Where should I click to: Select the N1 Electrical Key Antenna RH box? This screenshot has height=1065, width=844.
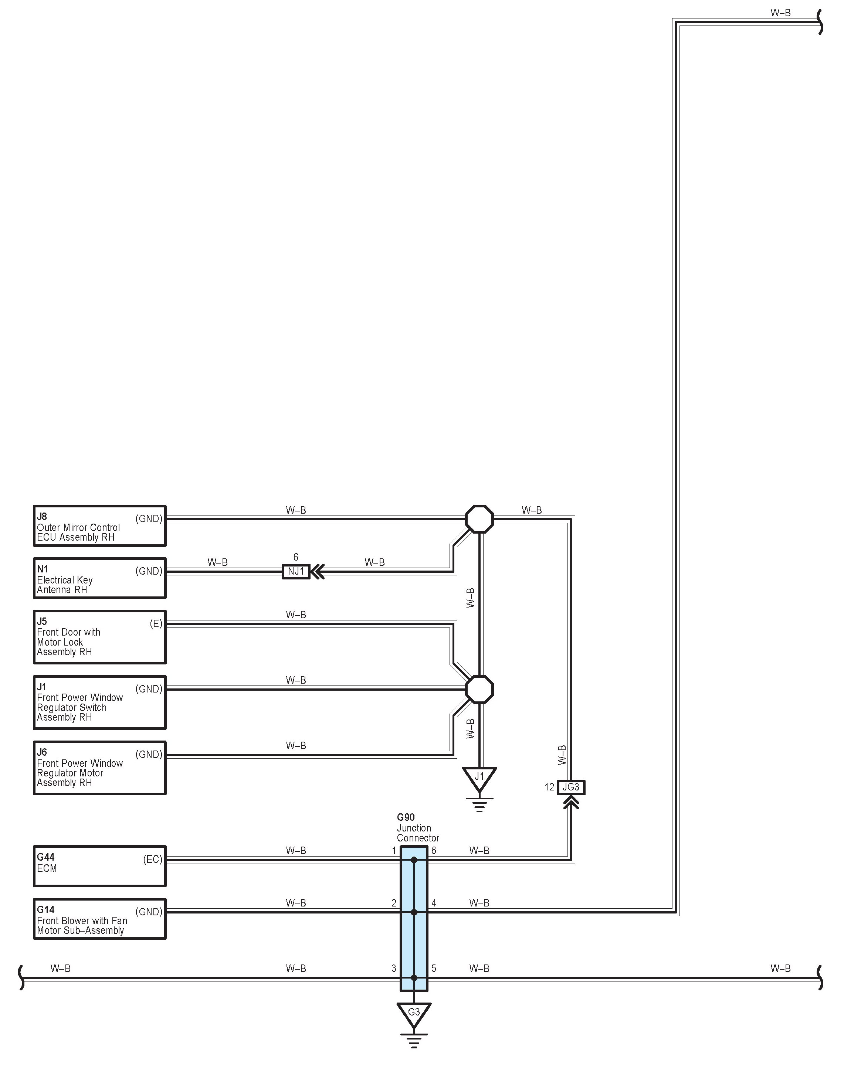[x=99, y=578]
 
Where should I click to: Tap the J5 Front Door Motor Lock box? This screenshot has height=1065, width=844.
[x=99, y=637]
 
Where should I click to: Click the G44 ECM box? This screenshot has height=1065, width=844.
[x=99, y=866]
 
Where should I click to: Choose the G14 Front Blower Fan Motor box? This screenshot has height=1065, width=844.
[x=99, y=919]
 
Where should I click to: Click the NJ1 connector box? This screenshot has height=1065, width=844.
[x=295, y=572]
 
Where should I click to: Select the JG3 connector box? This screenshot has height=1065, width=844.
[x=571, y=787]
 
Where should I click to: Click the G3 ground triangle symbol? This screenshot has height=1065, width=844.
[x=414, y=1013]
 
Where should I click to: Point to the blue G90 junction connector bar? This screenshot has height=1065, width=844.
[x=414, y=919]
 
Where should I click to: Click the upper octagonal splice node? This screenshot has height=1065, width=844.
[x=479, y=519]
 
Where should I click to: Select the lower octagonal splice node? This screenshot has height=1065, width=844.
[x=479, y=689]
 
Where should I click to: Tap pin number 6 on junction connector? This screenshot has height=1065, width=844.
[x=434, y=851]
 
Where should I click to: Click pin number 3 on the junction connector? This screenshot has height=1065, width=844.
[x=394, y=968]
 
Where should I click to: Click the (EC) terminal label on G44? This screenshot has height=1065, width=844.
[x=153, y=859]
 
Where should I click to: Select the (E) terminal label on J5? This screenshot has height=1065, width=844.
[x=156, y=623]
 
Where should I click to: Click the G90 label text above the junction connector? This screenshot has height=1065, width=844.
[x=406, y=817]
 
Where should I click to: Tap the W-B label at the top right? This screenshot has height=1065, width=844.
[x=780, y=13]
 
